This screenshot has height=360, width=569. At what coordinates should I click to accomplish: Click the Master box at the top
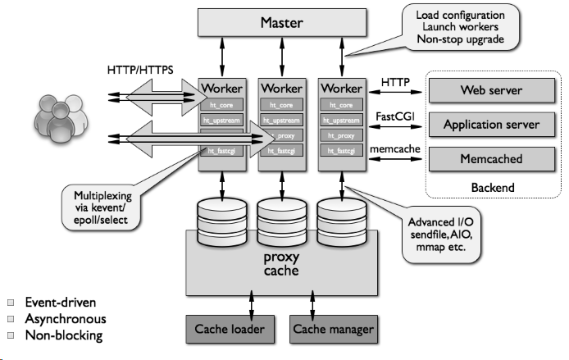click(281, 22)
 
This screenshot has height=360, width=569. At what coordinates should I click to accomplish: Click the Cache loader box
click(230, 330)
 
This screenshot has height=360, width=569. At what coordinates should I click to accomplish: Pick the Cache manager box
click(333, 330)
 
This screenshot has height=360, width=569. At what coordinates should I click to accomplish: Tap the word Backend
click(492, 188)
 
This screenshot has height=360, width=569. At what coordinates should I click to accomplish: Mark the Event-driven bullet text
click(61, 303)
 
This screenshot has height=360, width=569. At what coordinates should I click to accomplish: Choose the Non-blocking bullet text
click(63, 335)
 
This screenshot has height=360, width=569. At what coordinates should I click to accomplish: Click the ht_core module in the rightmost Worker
click(340, 105)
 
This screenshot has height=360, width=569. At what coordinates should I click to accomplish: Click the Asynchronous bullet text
click(66, 318)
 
